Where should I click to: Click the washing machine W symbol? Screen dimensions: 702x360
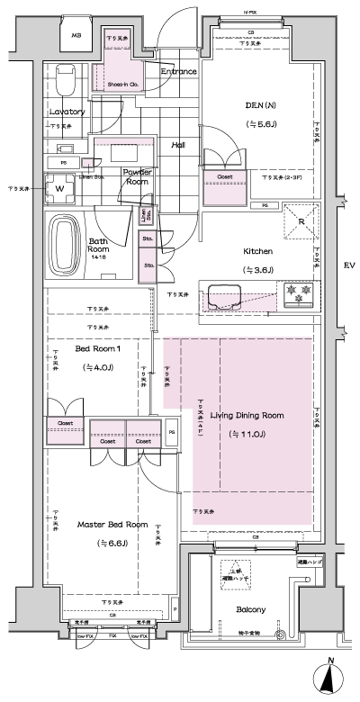(59, 189)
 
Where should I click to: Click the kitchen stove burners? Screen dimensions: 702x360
(297, 293)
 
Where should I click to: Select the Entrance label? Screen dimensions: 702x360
(178, 71)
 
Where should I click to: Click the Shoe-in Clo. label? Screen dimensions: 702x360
(121, 85)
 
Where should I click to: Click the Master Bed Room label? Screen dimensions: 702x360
(112, 524)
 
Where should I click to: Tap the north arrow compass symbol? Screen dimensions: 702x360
(331, 676)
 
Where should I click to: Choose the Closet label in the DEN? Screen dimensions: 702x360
(225, 177)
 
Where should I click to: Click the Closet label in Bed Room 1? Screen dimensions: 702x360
(66, 422)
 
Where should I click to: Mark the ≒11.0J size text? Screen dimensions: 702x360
(247, 434)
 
